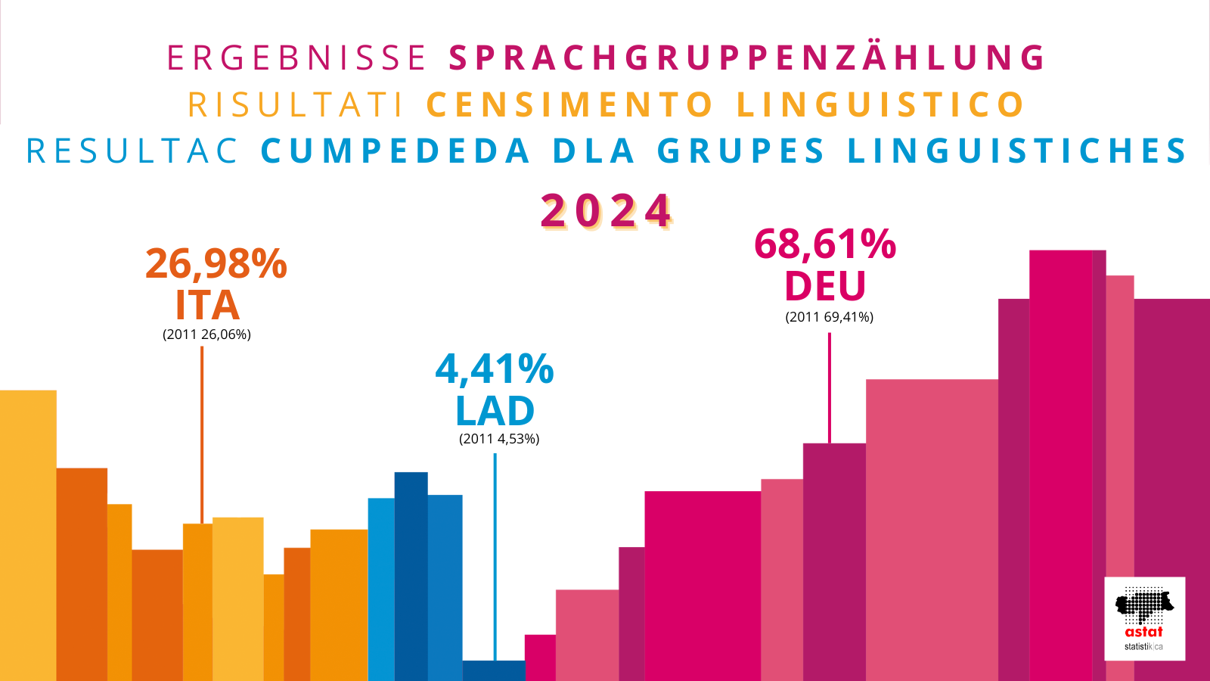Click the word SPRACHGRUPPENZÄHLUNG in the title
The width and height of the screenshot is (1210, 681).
tap(747, 58)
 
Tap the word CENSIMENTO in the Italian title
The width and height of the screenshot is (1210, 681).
tap(570, 105)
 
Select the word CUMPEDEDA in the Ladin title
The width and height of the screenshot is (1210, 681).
tap(395, 151)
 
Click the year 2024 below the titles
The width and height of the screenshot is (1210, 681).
tap(607, 211)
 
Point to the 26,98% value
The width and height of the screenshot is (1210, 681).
tap(216, 264)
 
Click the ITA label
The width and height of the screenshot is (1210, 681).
tap(207, 306)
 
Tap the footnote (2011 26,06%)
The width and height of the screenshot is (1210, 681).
tap(206, 334)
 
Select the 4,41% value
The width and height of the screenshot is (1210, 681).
tap(495, 369)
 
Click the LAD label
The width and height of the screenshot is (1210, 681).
tap(495, 412)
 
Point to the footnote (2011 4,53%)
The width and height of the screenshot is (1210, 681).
tap(499, 439)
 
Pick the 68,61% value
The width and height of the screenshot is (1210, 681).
tap(825, 244)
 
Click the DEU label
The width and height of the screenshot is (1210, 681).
tap(825, 287)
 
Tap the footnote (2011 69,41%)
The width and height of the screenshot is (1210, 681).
tap(829, 317)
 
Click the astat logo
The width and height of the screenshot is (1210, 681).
tap(1144, 618)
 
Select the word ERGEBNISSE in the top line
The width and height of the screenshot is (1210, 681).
tap(297, 58)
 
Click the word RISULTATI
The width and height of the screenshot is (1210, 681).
tap(296, 105)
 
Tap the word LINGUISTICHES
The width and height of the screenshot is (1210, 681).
tap(1017, 151)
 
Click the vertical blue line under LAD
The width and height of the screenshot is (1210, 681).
tap(495, 556)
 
